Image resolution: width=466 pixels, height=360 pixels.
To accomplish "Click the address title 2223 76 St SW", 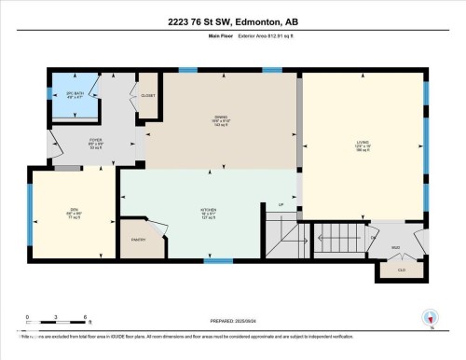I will (x=233, y=21).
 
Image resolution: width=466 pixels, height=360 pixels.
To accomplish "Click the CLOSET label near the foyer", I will (x=148, y=94).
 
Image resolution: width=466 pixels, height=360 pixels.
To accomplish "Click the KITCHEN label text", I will (x=208, y=209).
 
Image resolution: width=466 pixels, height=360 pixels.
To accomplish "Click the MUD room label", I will (x=394, y=247).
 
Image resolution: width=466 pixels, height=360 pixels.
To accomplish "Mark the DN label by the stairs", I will (x=372, y=239).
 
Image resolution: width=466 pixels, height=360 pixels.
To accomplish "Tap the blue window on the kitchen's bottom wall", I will (x=217, y=261).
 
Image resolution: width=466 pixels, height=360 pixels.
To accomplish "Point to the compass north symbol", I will (x=429, y=318).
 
